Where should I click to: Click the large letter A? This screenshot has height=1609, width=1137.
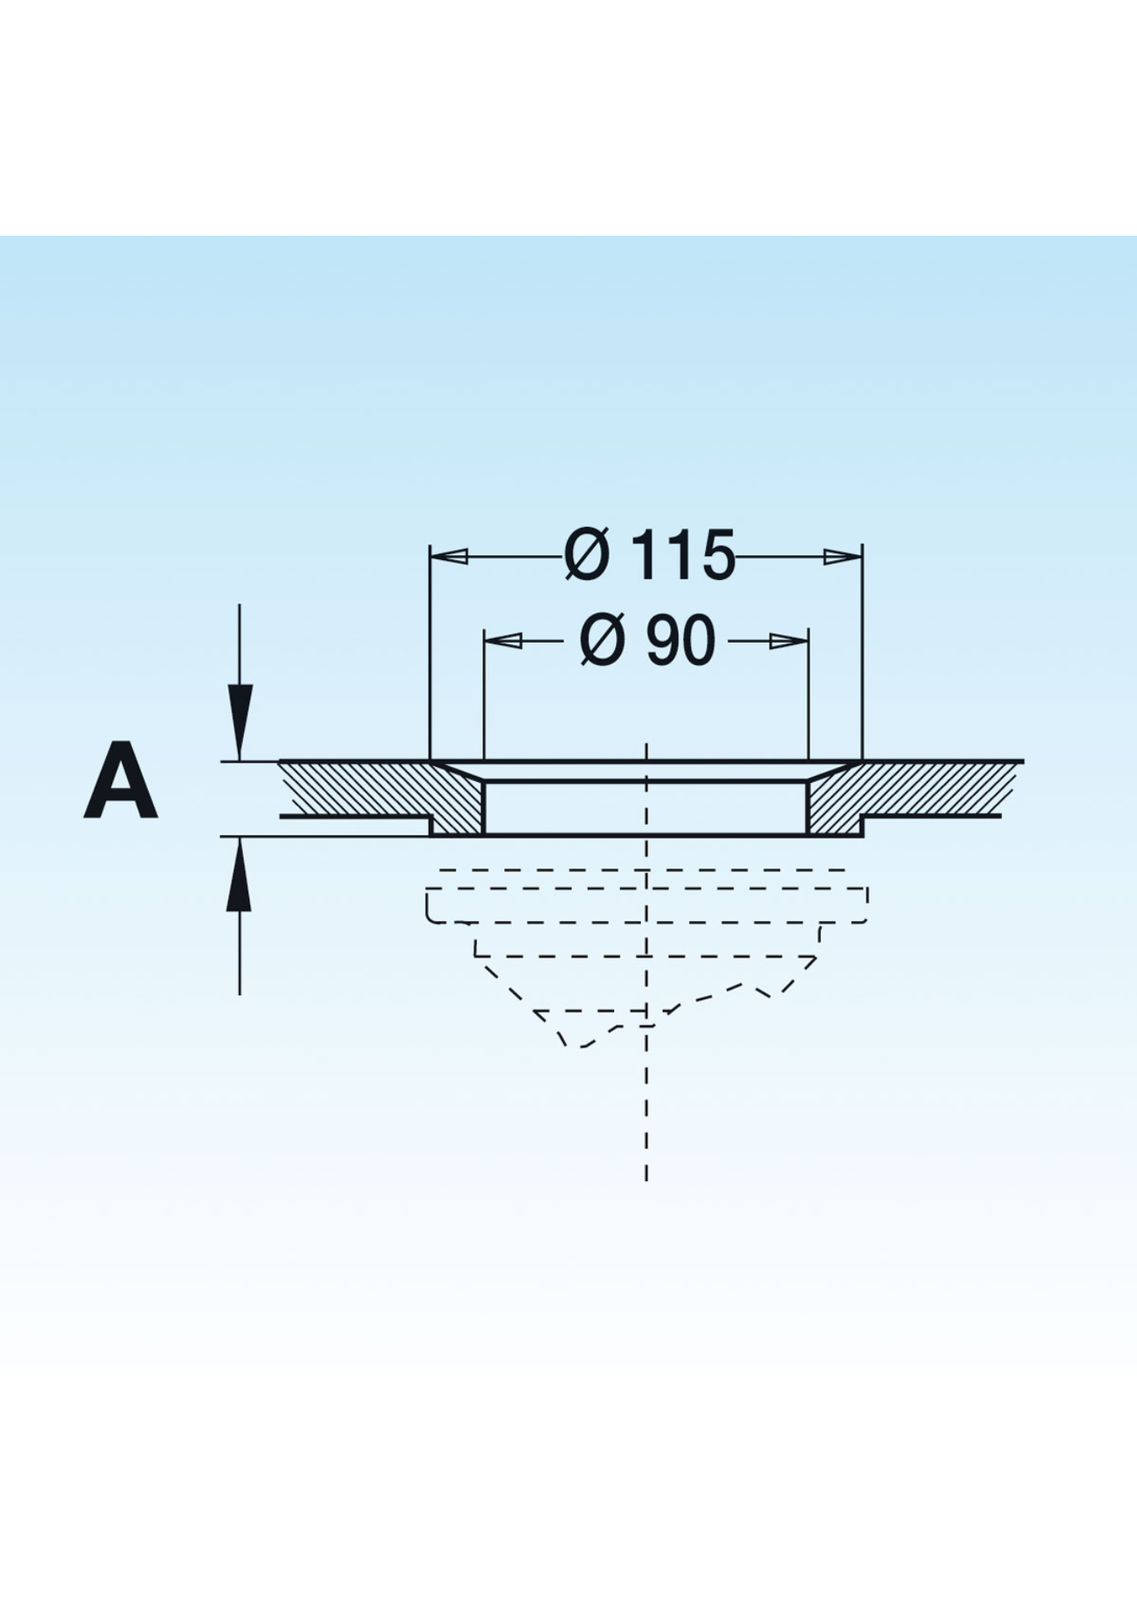(x=120, y=780)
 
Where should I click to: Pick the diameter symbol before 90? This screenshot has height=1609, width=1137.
(x=601, y=640)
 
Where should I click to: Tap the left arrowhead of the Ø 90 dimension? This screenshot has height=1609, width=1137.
(x=504, y=640)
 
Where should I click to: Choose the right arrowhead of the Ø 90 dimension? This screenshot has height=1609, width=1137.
(x=788, y=640)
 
